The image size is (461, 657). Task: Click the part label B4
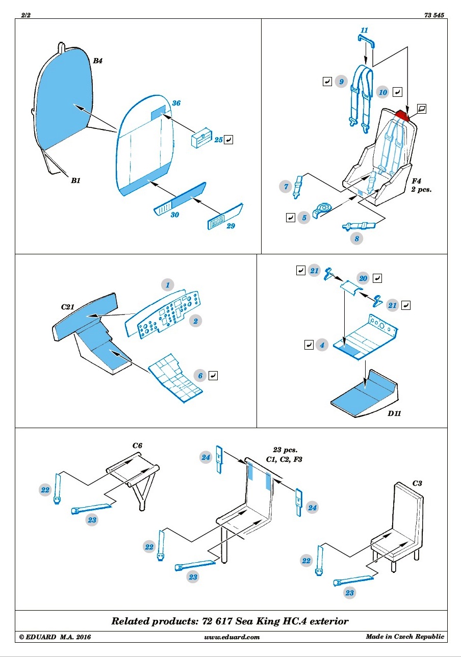(x=97, y=61)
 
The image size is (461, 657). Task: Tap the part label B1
(x=75, y=180)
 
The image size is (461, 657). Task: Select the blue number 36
(x=176, y=103)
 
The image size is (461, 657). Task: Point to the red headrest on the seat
(x=402, y=115)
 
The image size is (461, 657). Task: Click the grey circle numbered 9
(x=341, y=82)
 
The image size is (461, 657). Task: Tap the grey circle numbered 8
(x=356, y=239)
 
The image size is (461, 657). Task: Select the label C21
(x=67, y=307)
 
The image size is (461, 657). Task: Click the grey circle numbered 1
(x=168, y=285)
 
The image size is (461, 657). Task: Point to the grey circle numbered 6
(x=200, y=376)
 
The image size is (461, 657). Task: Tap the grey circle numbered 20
(x=363, y=278)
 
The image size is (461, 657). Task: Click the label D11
(x=394, y=413)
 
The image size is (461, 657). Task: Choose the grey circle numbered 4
(x=322, y=345)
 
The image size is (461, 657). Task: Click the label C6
(x=137, y=445)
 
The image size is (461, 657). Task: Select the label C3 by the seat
(x=417, y=483)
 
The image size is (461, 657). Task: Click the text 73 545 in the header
(x=434, y=15)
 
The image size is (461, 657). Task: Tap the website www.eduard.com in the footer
(x=232, y=637)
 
